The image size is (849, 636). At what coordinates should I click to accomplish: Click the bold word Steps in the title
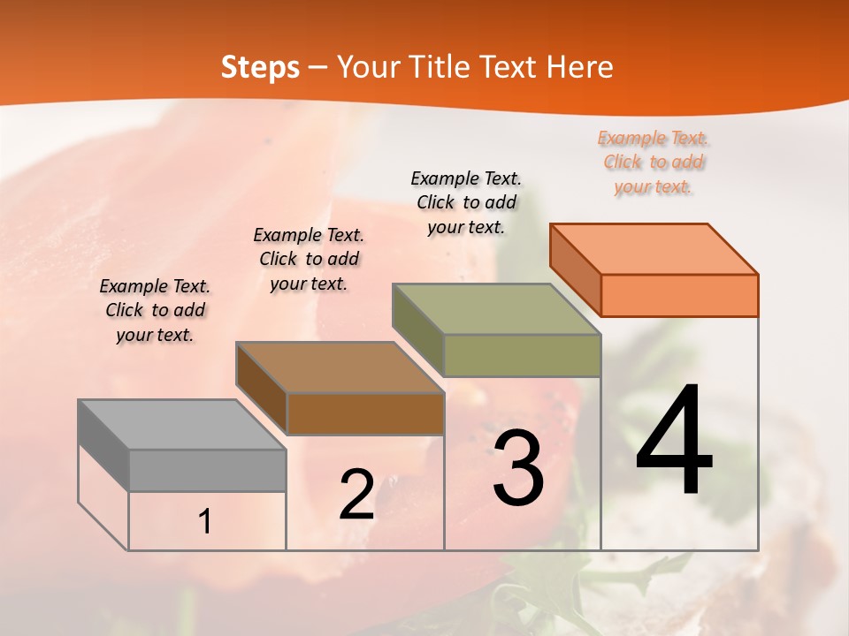tap(260, 67)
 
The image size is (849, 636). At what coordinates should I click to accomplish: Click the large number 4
tap(674, 442)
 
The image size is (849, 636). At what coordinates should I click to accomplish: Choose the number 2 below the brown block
tap(356, 495)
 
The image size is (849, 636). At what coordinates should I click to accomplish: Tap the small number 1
tap(205, 522)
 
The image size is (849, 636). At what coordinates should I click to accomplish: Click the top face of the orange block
tap(654, 248)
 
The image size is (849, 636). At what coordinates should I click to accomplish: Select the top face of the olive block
tap(497, 309)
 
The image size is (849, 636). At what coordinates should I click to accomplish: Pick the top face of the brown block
tap(340, 367)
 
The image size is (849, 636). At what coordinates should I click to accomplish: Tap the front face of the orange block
tap(679, 295)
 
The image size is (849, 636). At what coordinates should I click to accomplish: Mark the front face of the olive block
tap(522, 355)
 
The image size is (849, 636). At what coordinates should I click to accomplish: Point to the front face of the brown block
tap(365, 413)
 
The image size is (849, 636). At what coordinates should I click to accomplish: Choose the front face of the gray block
tap(208, 470)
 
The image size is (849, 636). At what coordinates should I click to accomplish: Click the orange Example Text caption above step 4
tap(654, 162)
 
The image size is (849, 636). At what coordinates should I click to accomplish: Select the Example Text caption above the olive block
tap(466, 202)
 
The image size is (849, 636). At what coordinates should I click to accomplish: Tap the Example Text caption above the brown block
tap(309, 259)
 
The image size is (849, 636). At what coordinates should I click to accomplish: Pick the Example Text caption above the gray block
tap(155, 310)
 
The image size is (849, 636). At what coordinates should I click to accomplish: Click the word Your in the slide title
tap(370, 67)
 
